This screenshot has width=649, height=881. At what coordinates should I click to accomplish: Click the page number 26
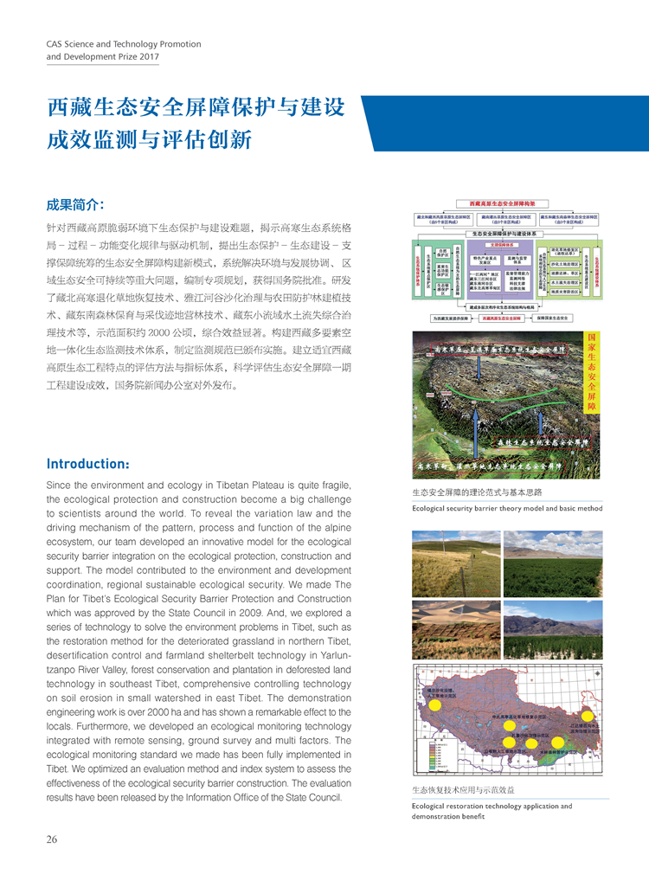pyautogui.click(x=52, y=839)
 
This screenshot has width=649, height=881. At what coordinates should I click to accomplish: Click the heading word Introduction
pyautogui.click(x=87, y=464)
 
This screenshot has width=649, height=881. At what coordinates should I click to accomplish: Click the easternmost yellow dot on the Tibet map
pyautogui.click(x=588, y=716)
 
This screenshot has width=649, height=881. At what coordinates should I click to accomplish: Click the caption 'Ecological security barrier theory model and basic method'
pyautogui.click(x=506, y=508)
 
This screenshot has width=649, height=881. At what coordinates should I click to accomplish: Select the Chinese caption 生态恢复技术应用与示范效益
pyautogui.click(x=463, y=790)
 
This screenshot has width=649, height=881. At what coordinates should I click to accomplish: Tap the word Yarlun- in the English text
pyautogui.click(x=331, y=655)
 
